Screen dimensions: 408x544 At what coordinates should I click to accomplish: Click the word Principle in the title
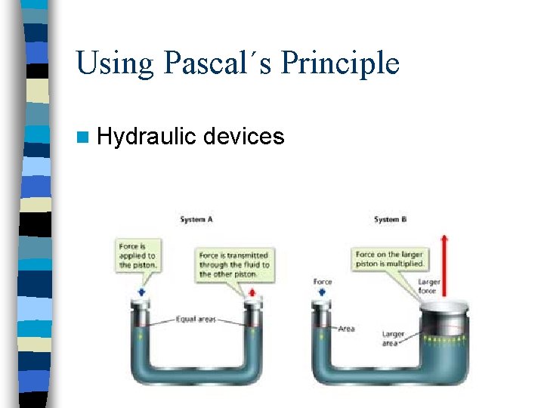[x=339, y=63]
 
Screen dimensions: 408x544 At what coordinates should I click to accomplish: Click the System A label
[x=196, y=219]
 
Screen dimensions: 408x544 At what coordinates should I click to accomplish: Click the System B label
[x=390, y=219]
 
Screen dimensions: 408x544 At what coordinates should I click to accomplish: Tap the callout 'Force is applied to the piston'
[x=137, y=256]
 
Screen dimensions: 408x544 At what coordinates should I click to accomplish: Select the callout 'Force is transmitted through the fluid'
[x=233, y=265]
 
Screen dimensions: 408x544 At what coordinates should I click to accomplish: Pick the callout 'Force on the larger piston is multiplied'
[x=390, y=260]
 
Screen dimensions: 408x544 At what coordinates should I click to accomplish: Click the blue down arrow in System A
[x=141, y=293]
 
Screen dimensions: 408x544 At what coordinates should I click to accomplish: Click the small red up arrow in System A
[x=252, y=292]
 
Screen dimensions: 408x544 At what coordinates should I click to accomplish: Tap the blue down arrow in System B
[x=323, y=293]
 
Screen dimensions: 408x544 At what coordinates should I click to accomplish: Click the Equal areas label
[x=196, y=320]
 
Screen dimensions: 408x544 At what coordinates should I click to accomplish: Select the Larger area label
[x=394, y=338]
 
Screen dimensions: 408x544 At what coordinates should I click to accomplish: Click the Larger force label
[x=428, y=287]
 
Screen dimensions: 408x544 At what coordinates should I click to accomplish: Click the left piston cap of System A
[x=141, y=305]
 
